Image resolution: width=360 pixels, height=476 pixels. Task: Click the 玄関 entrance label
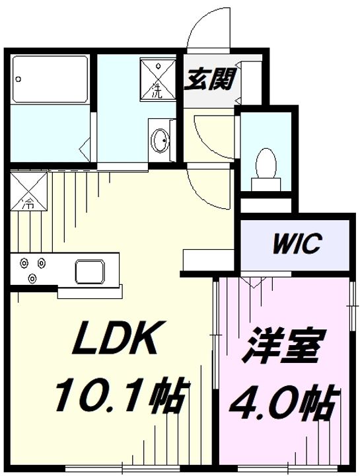tap(211, 79)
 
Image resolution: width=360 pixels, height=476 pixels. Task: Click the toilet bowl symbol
tap(266, 163)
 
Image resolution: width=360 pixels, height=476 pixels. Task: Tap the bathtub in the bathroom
tap(50, 79)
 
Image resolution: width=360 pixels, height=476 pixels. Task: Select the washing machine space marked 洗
tap(158, 79)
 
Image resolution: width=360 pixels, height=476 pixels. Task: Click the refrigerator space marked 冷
tap(29, 190)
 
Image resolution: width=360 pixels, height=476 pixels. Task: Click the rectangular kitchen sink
tap(90, 271)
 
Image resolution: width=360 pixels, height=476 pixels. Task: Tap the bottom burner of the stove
tap(32, 278)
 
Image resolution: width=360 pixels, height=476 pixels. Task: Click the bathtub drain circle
tap(18, 79)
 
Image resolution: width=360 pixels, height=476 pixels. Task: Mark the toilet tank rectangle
tap(266, 184)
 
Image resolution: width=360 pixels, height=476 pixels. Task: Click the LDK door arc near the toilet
tap(209, 189)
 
